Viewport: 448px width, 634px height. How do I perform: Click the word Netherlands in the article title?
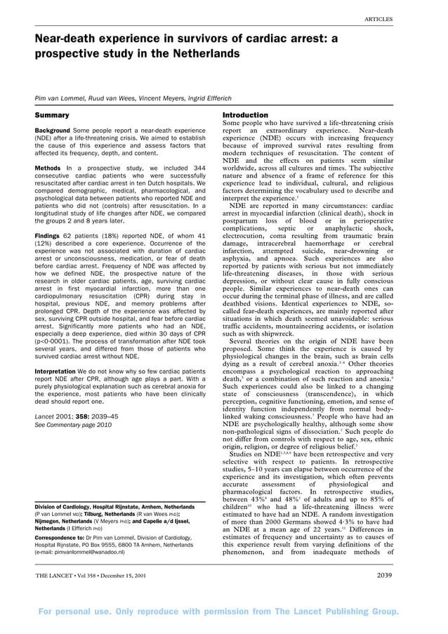point(204,53)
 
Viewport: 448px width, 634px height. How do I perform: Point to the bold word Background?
point(53,131)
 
